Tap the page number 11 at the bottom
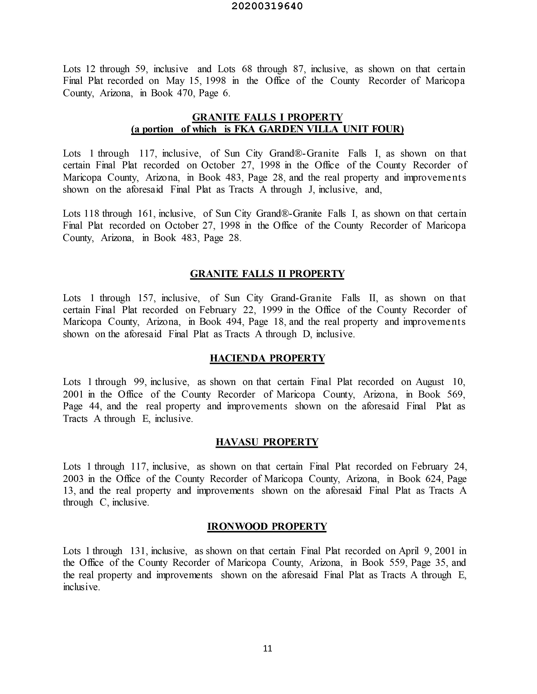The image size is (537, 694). tap(268, 648)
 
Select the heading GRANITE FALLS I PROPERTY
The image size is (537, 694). tap(267, 117)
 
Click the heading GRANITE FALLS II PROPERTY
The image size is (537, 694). tap(267, 274)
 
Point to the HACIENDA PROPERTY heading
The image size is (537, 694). tap(267, 358)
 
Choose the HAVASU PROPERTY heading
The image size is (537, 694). tap(267, 442)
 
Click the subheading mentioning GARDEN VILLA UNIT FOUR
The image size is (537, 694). tap(267, 129)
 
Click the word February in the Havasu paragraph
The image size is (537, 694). tap(429, 466)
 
